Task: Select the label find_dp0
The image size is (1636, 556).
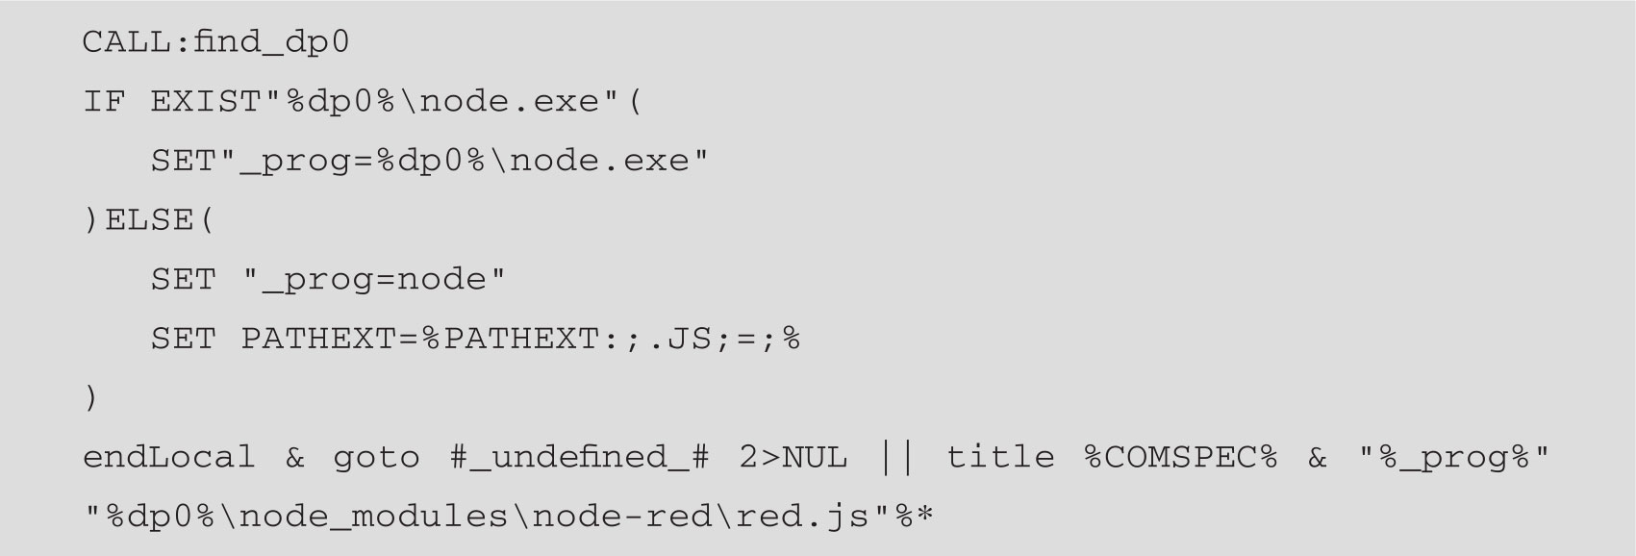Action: pyautogui.click(x=271, y=42)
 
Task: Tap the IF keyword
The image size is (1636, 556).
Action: pyautogui.click(x=104, y=102)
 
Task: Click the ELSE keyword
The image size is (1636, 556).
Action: pyautogui.click(x=149, y=220)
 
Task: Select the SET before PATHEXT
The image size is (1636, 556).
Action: pyautogui.click(x=183, y=339)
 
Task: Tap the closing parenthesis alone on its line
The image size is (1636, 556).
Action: pyautogui.click(x=91, y=397)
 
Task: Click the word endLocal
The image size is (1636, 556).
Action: pyautogui.click(x=169, y=457)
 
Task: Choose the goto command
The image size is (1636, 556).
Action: pyautogui.click(x=376, y=457)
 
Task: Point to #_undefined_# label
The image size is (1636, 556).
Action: pyautogui.click(x=579, y=457)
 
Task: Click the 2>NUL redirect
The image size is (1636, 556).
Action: pyautogui.click(x=793, y=457)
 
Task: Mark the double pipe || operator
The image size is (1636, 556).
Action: pyautogui.click(x=896, y=457)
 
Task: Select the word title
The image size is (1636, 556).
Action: pyautogui.click(x=1000, y=457)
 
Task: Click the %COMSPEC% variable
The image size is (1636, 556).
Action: pyautogui.click(x=1180, y=457)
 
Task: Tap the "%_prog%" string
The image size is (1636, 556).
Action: pyautogui.click(x=1454, y=457)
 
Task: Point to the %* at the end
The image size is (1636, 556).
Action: pyautogui.click(x=915, y=517)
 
